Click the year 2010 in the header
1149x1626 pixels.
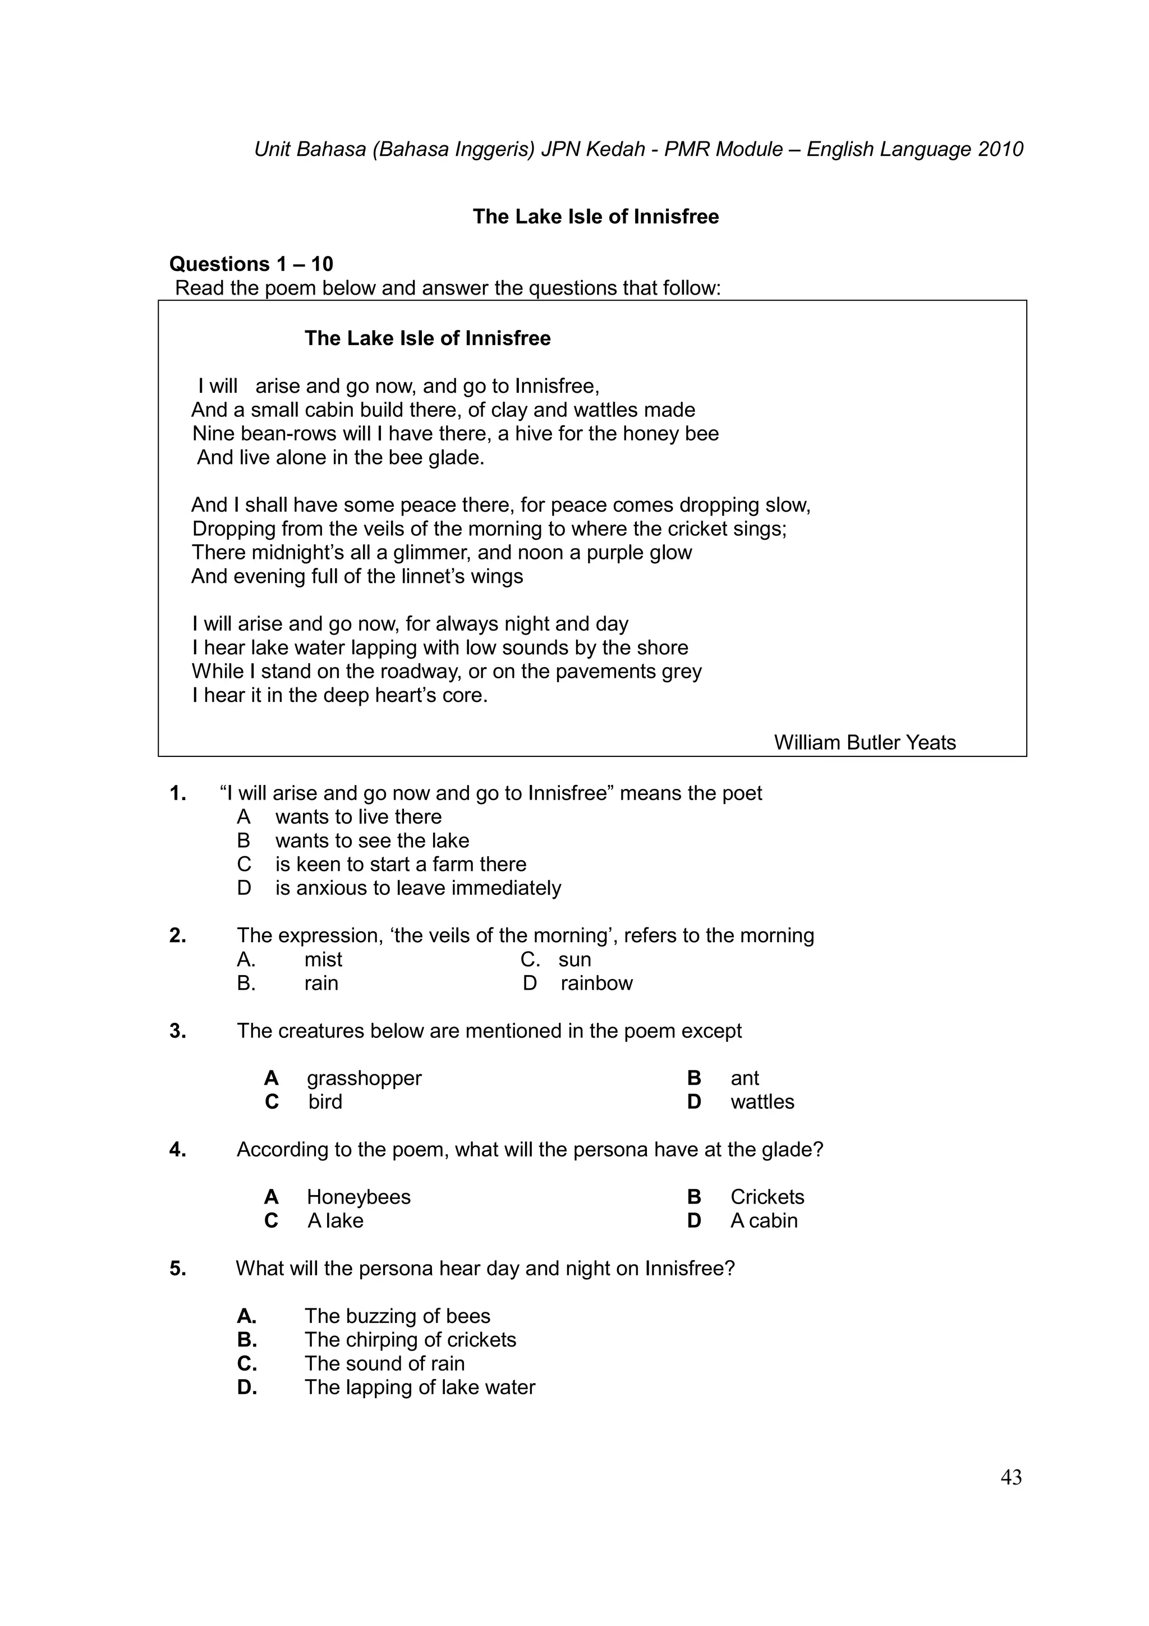point(1000,149)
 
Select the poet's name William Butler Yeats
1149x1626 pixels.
point(865,742)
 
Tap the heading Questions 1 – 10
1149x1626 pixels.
point(251,264)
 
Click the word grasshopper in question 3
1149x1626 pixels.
point(364,1078)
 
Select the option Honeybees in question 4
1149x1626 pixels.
point(359,1197)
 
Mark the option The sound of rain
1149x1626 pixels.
point(384,1363)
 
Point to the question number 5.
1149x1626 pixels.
point(178,1269)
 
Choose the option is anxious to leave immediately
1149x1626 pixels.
point(417,888)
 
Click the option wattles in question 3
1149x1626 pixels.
point(762,1102)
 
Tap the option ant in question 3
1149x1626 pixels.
point(744,1078)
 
